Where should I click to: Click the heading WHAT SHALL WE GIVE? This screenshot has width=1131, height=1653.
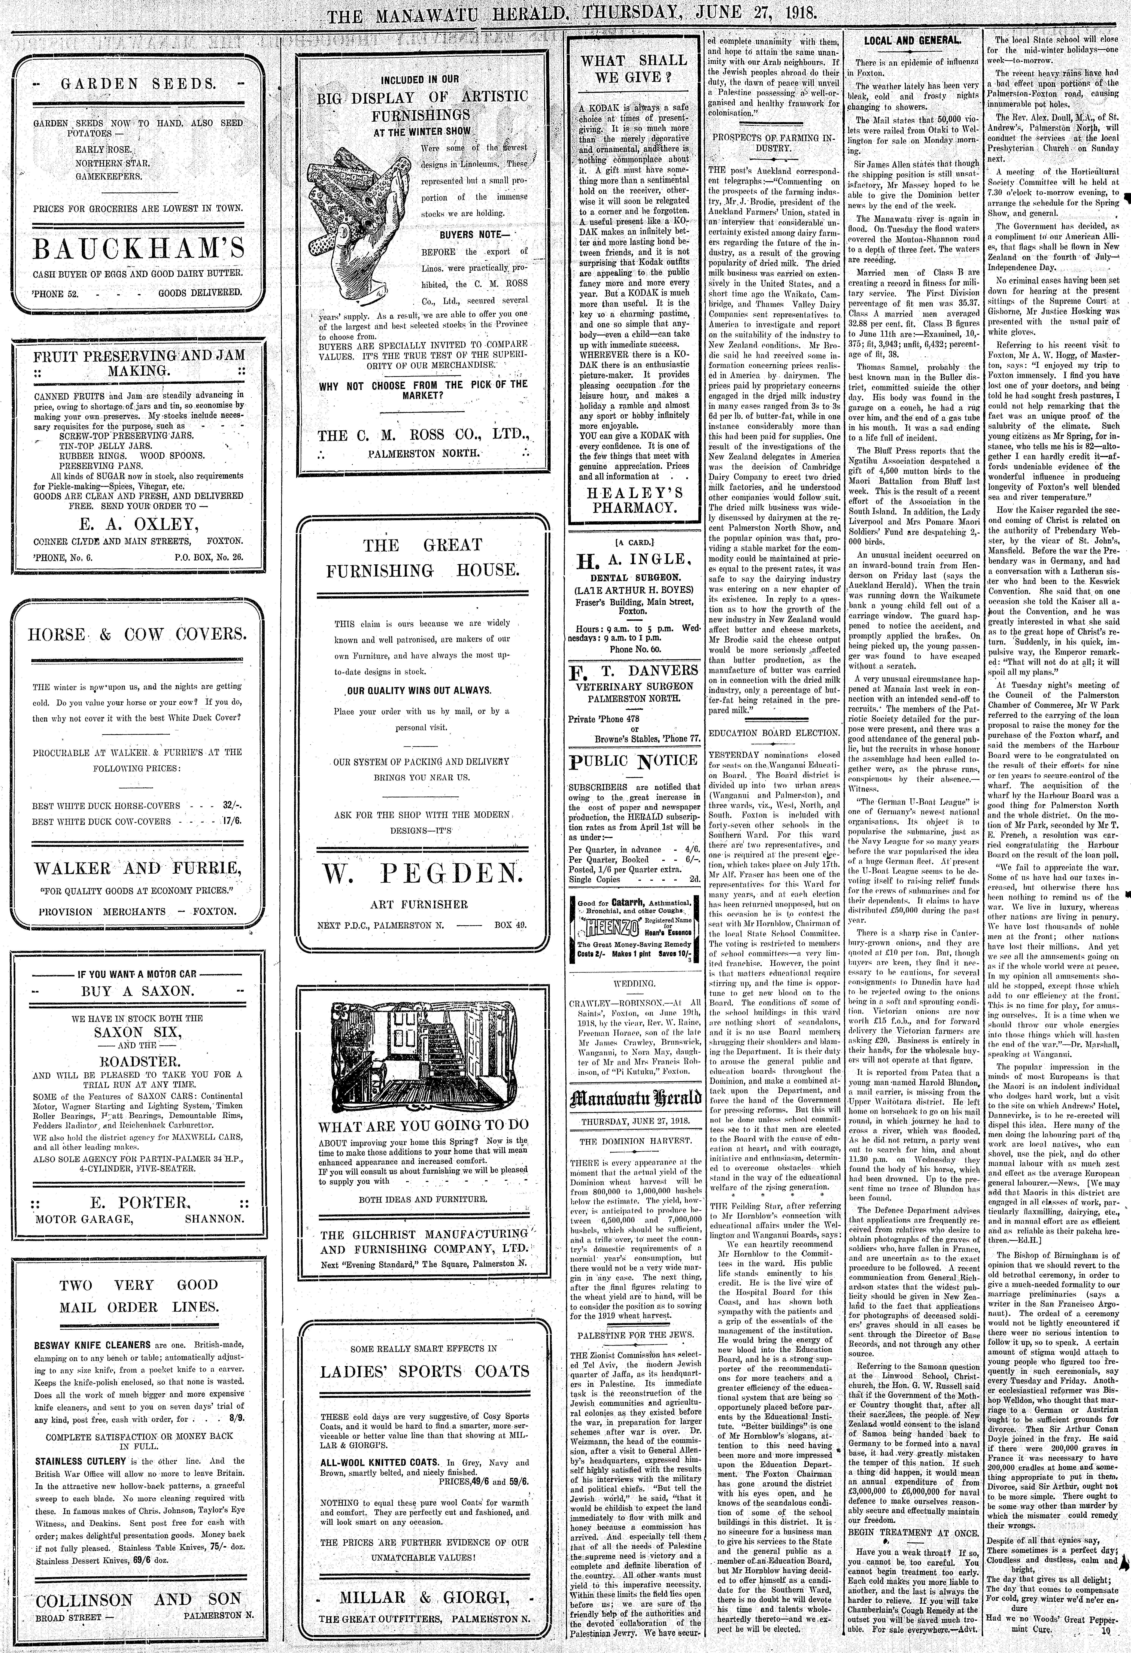[x=633, y=68]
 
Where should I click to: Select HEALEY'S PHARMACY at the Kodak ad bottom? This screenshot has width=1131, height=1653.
[x=633, y=500]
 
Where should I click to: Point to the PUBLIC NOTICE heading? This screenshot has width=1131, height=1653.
[x=633, y=760]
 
